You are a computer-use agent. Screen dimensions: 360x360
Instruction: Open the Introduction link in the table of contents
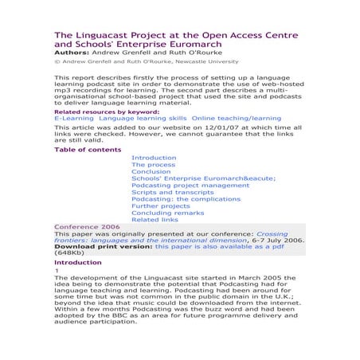click(x=154, y=158)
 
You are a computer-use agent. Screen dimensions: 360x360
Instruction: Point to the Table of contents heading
click(x=87, y=148)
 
